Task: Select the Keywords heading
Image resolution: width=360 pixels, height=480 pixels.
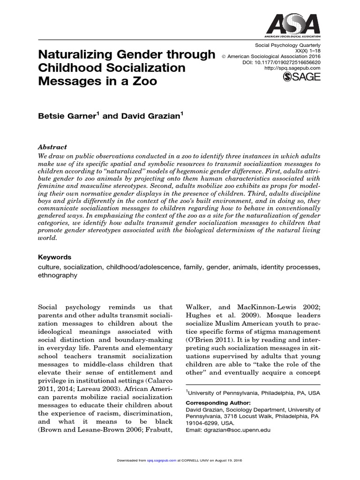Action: point(54,257)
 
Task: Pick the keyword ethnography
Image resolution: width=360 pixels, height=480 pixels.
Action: point(57,276)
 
